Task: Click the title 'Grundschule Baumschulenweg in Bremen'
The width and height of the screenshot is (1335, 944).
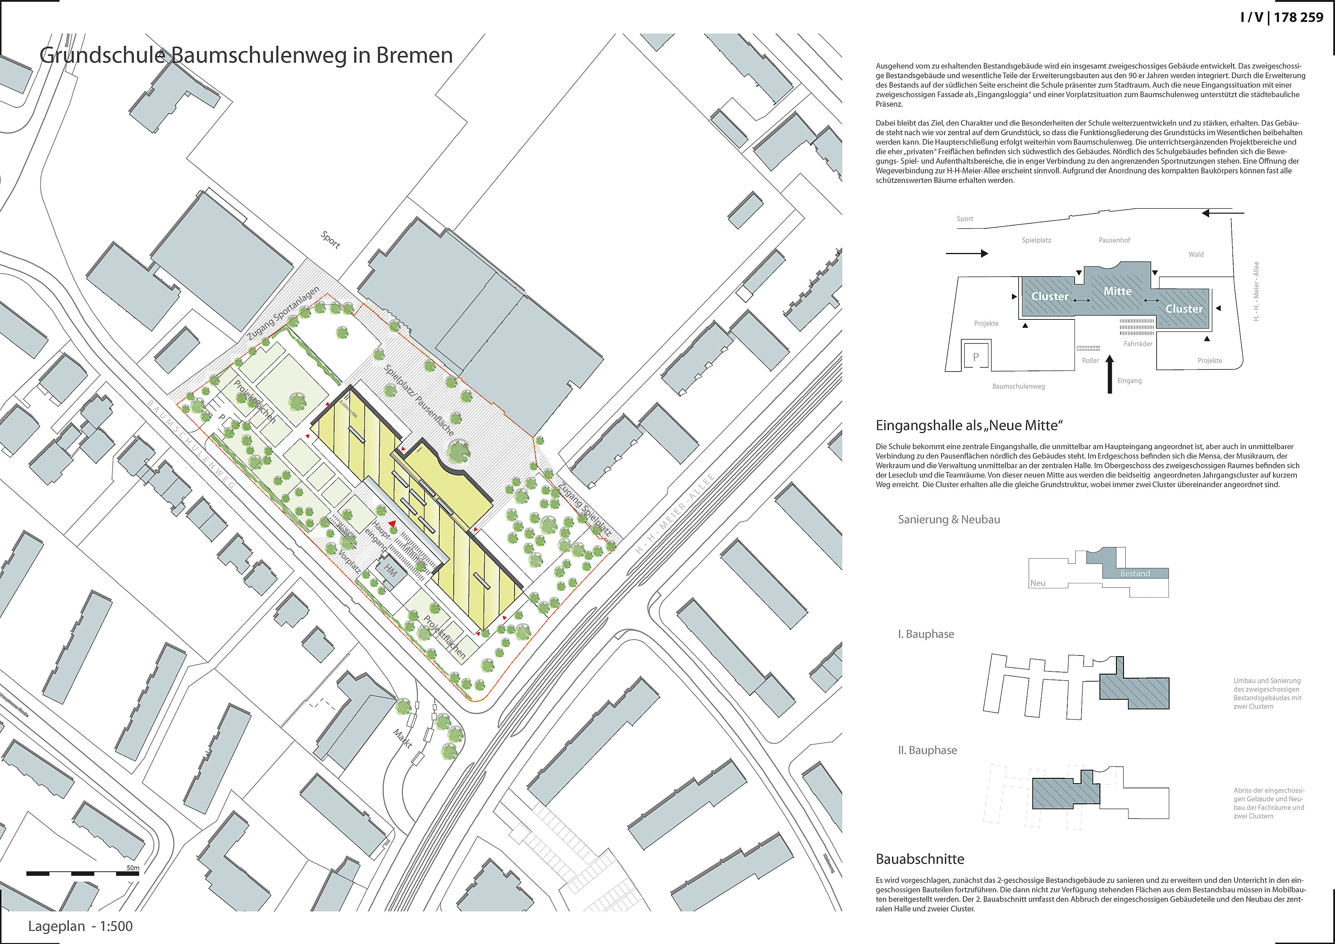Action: click(x=246, y=55)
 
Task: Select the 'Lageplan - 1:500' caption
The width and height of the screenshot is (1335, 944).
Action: click(x=80, y=926)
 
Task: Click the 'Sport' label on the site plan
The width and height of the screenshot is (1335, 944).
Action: click(x=330, y=239)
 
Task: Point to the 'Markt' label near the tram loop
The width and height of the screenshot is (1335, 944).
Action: click(x=402, y=738)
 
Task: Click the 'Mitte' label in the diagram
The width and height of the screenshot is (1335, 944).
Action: click(x=1117, y=291)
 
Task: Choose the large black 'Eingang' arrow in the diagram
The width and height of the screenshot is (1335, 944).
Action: click(x=1109, y=375)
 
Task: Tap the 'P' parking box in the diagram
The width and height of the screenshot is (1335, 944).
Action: click(x=976, y=357)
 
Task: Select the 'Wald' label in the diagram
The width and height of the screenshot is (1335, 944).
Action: click(x=1196, y=254)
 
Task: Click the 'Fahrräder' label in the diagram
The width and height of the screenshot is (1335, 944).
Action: click(x=1138, y=343)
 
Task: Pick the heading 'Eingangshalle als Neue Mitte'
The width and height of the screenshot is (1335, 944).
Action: click(x=969, y=425)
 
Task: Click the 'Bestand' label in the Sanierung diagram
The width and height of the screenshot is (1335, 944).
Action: click(x=1135, y=573)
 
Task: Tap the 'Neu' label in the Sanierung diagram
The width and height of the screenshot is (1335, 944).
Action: click(x=1038, y=583)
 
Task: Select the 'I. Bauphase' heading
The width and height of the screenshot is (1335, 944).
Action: click(x=926, y=634)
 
